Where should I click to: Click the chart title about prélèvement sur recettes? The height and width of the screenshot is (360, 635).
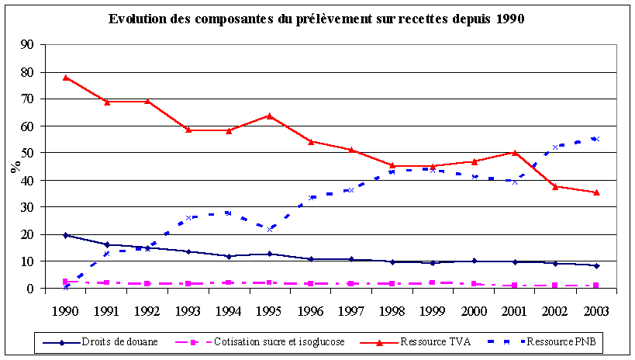click(316, 19)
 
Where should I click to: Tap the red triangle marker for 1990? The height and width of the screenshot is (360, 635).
click(66, 78)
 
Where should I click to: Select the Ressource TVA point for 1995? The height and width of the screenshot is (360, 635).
click(269, 116)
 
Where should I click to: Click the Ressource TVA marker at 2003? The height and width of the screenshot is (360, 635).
click(596, 192)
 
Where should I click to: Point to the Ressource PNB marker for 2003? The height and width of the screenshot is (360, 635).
click(596, 139)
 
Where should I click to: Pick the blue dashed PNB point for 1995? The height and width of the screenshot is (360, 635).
click(269, 229)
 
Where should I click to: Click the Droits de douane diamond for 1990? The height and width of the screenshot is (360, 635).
click(66, 235)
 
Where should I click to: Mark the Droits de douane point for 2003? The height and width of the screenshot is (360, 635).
click(596, 265)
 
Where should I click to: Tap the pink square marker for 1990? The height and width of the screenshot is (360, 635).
click(66, 282)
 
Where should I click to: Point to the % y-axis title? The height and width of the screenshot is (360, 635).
click(15, 166)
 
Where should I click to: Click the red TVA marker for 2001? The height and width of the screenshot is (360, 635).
click(515, 153)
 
